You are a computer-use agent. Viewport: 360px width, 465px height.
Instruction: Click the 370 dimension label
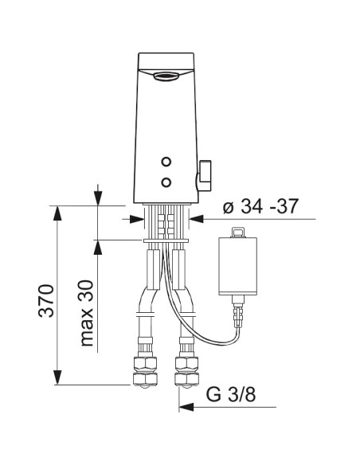click(x=46, y=301)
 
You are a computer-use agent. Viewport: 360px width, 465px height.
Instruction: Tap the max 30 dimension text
click(x=87, y=313)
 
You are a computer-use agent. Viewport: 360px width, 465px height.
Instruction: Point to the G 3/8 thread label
click(x=231, y=394)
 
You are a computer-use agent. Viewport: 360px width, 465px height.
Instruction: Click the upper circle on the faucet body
click(x=166, y=162)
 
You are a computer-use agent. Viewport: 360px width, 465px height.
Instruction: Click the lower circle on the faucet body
click(x=166, y=182)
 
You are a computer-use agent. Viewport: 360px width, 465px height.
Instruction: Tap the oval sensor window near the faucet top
click(x=166, y=76)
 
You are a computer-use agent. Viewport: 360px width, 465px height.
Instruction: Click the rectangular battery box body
click(x=237, y=266)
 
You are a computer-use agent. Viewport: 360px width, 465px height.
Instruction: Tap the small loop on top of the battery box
click(x=238, y=232)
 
